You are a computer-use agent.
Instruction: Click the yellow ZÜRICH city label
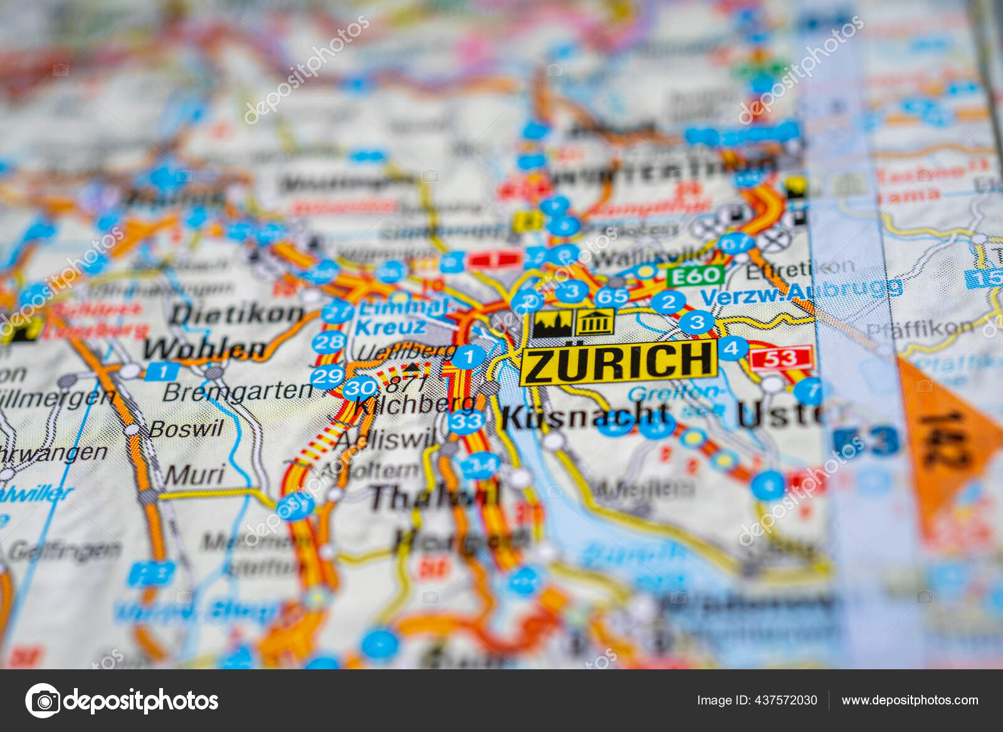point(618,362)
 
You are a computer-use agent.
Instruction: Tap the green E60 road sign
point(695,275)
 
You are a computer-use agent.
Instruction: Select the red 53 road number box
point(781,358)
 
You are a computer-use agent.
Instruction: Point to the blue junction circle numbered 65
point(612,297)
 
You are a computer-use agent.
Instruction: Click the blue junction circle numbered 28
point(328,342)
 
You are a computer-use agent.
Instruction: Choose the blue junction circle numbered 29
point(327,376)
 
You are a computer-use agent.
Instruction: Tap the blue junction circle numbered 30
point(360,388)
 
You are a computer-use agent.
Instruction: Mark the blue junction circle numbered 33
point(466,421)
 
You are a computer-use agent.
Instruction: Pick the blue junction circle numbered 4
point(732,347)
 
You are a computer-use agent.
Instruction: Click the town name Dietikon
point(236,314)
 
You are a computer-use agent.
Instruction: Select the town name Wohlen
point(205,349)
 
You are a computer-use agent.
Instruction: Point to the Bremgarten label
point(237,391)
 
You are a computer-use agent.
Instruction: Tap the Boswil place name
point(186,428)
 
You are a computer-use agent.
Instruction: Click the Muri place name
point(194,475)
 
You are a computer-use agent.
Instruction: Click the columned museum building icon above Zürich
point(594,322)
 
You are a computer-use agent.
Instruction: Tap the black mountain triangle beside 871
point(411,367)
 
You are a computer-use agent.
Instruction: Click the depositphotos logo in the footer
point(122,700)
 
